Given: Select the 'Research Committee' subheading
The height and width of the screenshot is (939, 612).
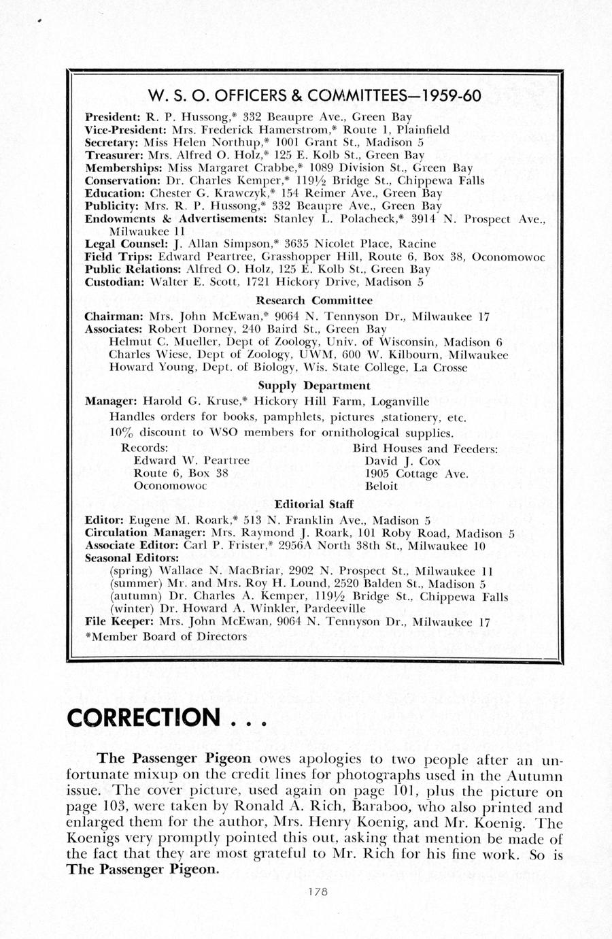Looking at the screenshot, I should [x=314, y=300].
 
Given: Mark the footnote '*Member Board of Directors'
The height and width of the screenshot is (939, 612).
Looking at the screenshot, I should [x=165, y=637].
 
